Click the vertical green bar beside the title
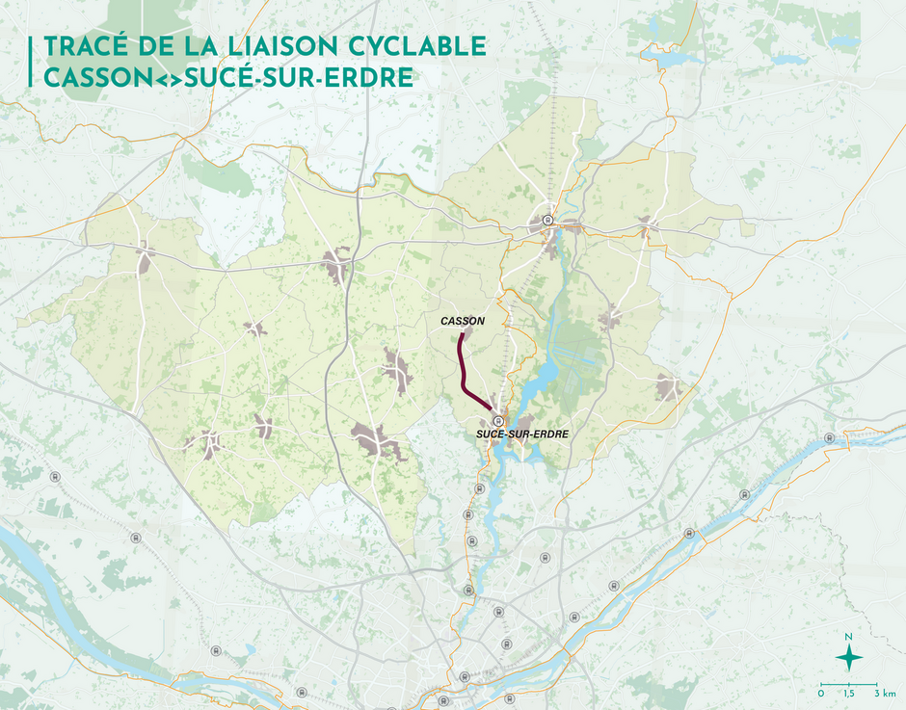point(32,63)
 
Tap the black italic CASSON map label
point(462,321)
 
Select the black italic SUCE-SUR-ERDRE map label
point(521,435)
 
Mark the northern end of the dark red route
point(462,334)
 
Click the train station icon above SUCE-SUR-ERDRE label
point(498,421)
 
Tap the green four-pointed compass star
point(848,658)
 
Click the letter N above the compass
point(848,637)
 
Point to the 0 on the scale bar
point(821,694)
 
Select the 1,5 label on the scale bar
point(848,694)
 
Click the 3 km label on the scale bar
point(885,694)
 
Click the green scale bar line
point(848,683)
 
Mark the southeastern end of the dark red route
point(494,412)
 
